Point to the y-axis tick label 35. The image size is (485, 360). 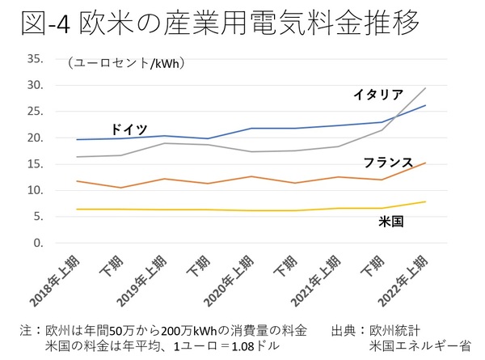click(36, 59)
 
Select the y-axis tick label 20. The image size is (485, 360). click(36, 138)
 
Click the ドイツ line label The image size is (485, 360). click(129, 129)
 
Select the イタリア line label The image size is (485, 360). click(377, 95)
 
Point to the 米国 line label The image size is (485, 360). click(392, 220)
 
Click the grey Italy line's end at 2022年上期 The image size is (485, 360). click(426, 88)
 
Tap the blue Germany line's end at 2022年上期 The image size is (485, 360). click(426, 106)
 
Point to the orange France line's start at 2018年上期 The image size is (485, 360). click(76, 181)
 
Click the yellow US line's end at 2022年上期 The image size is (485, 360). click(426, 202)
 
